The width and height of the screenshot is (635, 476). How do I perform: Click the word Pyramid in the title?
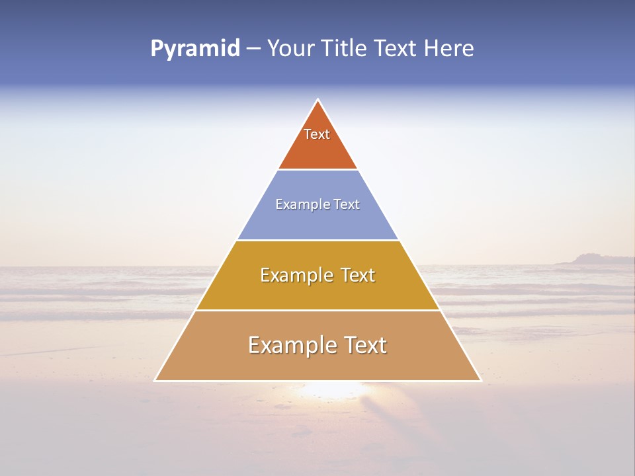[195, 49]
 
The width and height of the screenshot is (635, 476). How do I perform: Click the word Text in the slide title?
[397, 49]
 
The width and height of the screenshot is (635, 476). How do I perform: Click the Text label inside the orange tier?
[317, 134]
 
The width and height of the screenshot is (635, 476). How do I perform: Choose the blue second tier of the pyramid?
[317, 221]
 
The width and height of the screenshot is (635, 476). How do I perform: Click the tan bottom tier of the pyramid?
[317, 366]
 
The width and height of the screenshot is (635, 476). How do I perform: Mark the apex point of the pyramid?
[318, 100]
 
